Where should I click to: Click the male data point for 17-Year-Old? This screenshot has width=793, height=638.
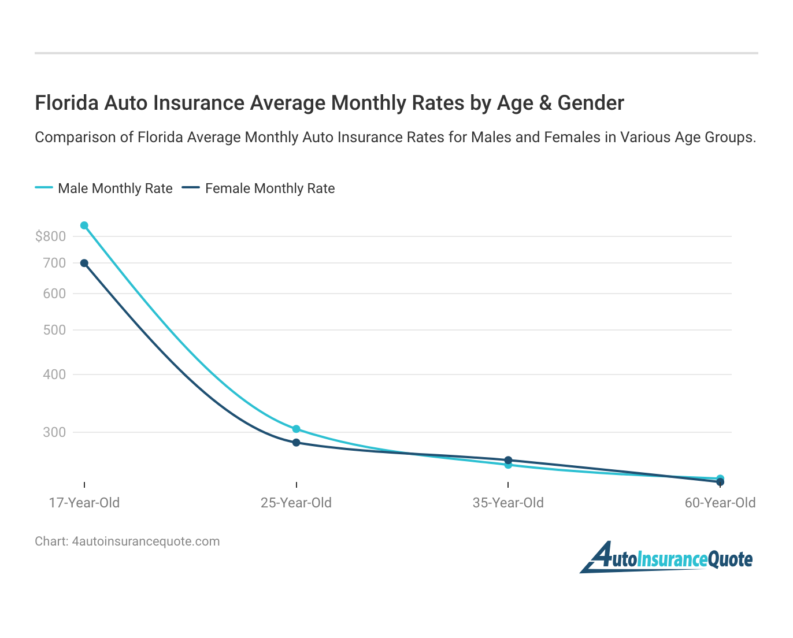[84, 225]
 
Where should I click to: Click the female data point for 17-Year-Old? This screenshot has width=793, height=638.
[84, 263]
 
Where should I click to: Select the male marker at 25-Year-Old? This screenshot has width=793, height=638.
[296, 429]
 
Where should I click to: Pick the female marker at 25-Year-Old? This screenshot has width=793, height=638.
[296, 443]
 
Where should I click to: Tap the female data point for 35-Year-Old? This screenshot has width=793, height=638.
[508, 460]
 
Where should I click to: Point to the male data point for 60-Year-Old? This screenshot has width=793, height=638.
[720, 478]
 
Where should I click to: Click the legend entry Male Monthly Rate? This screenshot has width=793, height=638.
[115, 188]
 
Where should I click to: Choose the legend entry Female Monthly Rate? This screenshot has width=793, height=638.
[270, 188]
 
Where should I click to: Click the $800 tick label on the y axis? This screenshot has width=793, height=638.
[50, 236]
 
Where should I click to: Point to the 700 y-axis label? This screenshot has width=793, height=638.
[54, 263]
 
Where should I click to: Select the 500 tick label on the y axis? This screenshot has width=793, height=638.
[54, 330]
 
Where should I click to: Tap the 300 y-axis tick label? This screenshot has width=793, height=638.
[54, 432]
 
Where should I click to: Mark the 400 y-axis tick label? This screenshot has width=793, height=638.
[54, 374]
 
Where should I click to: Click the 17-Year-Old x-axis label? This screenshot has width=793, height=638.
[84, 503]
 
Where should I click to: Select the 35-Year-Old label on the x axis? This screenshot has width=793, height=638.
[508, 503]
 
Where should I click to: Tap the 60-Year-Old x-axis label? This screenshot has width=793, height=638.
[720, 503]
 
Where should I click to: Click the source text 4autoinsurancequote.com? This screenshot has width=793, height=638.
[146, 541]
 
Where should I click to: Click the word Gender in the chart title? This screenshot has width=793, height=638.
[590, 103]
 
